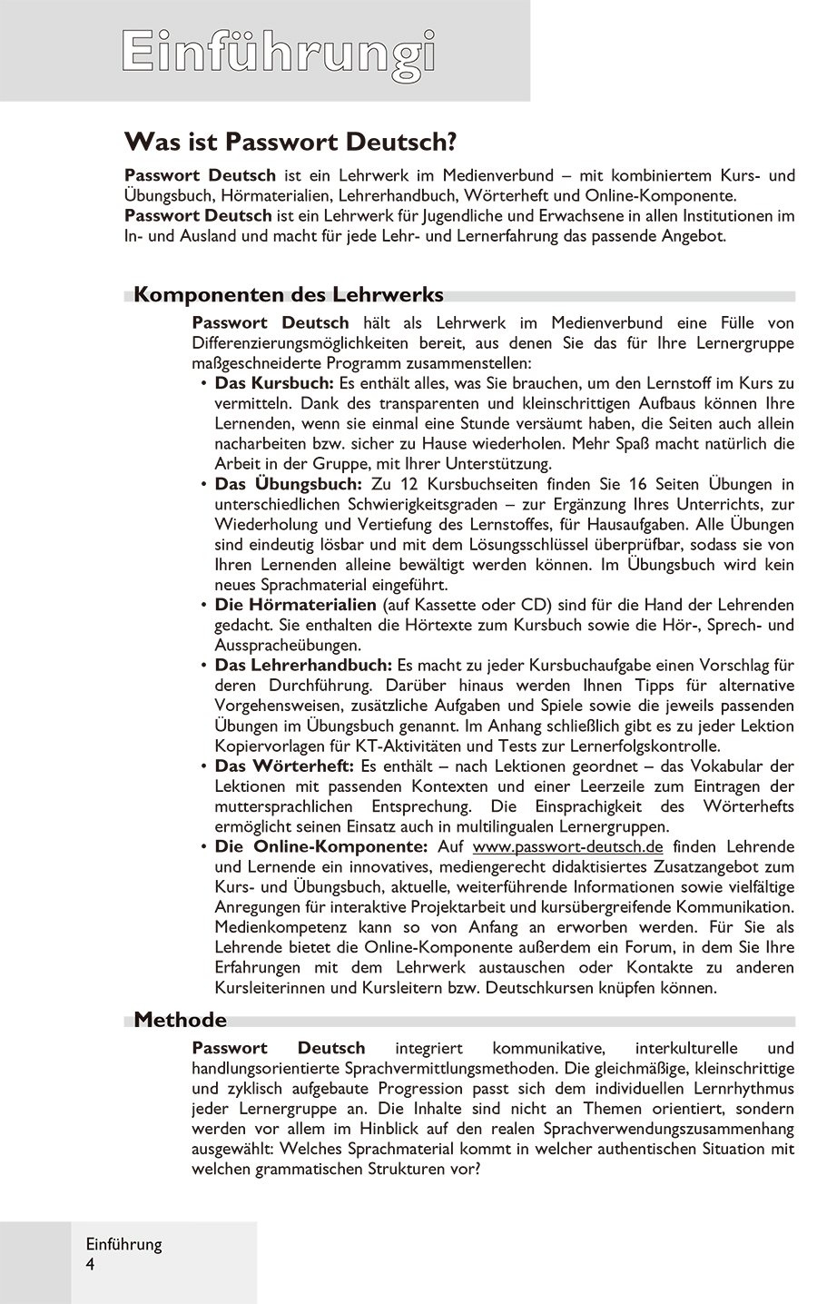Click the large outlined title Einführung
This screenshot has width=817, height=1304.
[279, 52]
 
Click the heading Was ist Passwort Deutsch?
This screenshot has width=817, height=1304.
[290, 142]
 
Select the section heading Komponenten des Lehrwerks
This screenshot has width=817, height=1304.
[289, 295]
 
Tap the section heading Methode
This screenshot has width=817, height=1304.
[180, 1020]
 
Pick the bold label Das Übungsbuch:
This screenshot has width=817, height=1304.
[288, 484]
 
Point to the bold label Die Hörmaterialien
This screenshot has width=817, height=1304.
[295, 605]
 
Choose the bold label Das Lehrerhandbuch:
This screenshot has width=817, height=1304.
[303, 666]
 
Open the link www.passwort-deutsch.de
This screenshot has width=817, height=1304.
[567, 846]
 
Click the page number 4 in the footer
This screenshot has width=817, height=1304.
[91, 1265]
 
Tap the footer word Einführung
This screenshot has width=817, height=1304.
[123, 1245]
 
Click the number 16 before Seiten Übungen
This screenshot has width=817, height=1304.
[637, 484]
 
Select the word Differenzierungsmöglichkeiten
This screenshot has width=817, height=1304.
[300, 343]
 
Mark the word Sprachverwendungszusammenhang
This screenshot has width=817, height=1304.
[669, 1129]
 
